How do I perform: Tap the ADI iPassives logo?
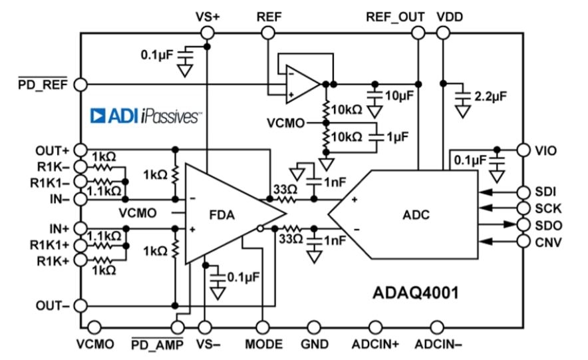146,117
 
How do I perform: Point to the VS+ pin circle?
208,32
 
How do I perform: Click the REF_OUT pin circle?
418,32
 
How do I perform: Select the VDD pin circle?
443,32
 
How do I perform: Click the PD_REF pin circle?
81,85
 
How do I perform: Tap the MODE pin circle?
262,327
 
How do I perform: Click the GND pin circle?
315,327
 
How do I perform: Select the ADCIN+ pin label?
376,344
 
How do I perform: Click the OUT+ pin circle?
81,149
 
